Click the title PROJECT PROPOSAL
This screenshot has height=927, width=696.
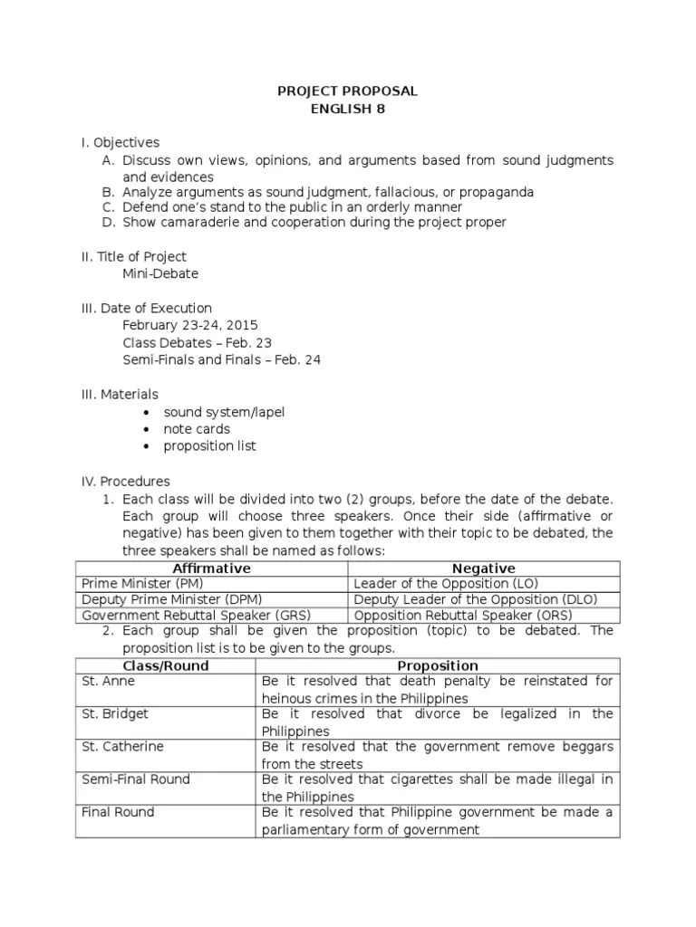pyautogui.click(x=347, y=92)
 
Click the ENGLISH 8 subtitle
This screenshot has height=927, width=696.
pyautogui.click(x=347, y=110)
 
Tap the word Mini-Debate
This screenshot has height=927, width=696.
pyautogui.click(x=160, y=272)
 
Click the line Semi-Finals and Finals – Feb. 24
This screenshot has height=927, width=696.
pyautogui.click(x=221, y=359)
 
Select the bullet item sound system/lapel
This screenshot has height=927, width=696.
pyautogui.click(x=224, y=412)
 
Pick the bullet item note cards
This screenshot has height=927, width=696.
pyautogui.click(x=197, y=429)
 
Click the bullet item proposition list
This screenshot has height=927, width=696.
pyautogui.click(x=209, y=446)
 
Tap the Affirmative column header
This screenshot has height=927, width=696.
pyautogui.click(x=212, y=568)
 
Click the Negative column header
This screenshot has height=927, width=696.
pyautogui.click(x=484, y=568)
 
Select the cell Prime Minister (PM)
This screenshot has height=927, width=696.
pyautogui.click(x=143, y=584)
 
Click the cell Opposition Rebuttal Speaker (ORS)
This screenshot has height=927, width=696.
pyautogui.click(x=462, y=616)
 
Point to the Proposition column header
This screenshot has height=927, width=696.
pyautogui.click(x=438, y=665)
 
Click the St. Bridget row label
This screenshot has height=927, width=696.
pyautogui.click(x=115, y=714)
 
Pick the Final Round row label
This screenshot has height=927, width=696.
pyautogui.click(x=118, y=812)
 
